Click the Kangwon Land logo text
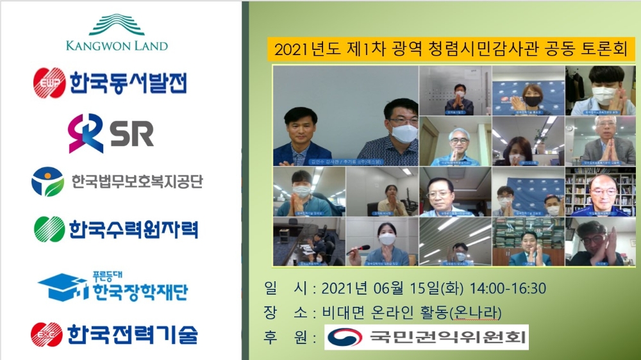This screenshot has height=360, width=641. click(x=117, y=45)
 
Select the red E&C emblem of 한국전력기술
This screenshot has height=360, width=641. click(x=47, y=334)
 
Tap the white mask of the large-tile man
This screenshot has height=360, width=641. click(x=404, y=133)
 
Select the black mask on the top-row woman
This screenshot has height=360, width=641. click(x=532, y=101)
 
